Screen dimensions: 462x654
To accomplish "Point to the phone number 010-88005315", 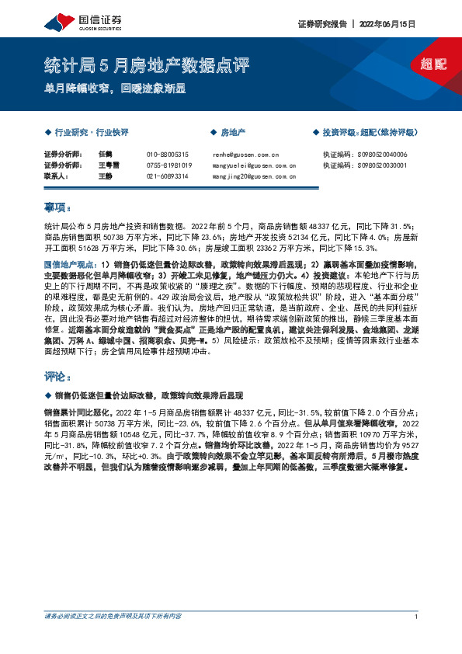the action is [168, 155].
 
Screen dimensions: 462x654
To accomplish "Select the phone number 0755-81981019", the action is [169, 165].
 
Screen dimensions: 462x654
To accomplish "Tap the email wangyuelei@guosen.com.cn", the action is [254, 165].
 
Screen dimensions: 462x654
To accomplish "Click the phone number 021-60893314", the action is [168, 176].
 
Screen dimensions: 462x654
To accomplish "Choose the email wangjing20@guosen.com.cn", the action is [254, 176].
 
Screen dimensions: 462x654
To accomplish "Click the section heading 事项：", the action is [57, 207].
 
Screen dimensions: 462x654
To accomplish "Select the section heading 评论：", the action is [57, 377].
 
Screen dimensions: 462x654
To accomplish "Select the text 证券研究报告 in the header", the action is [322, 24].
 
